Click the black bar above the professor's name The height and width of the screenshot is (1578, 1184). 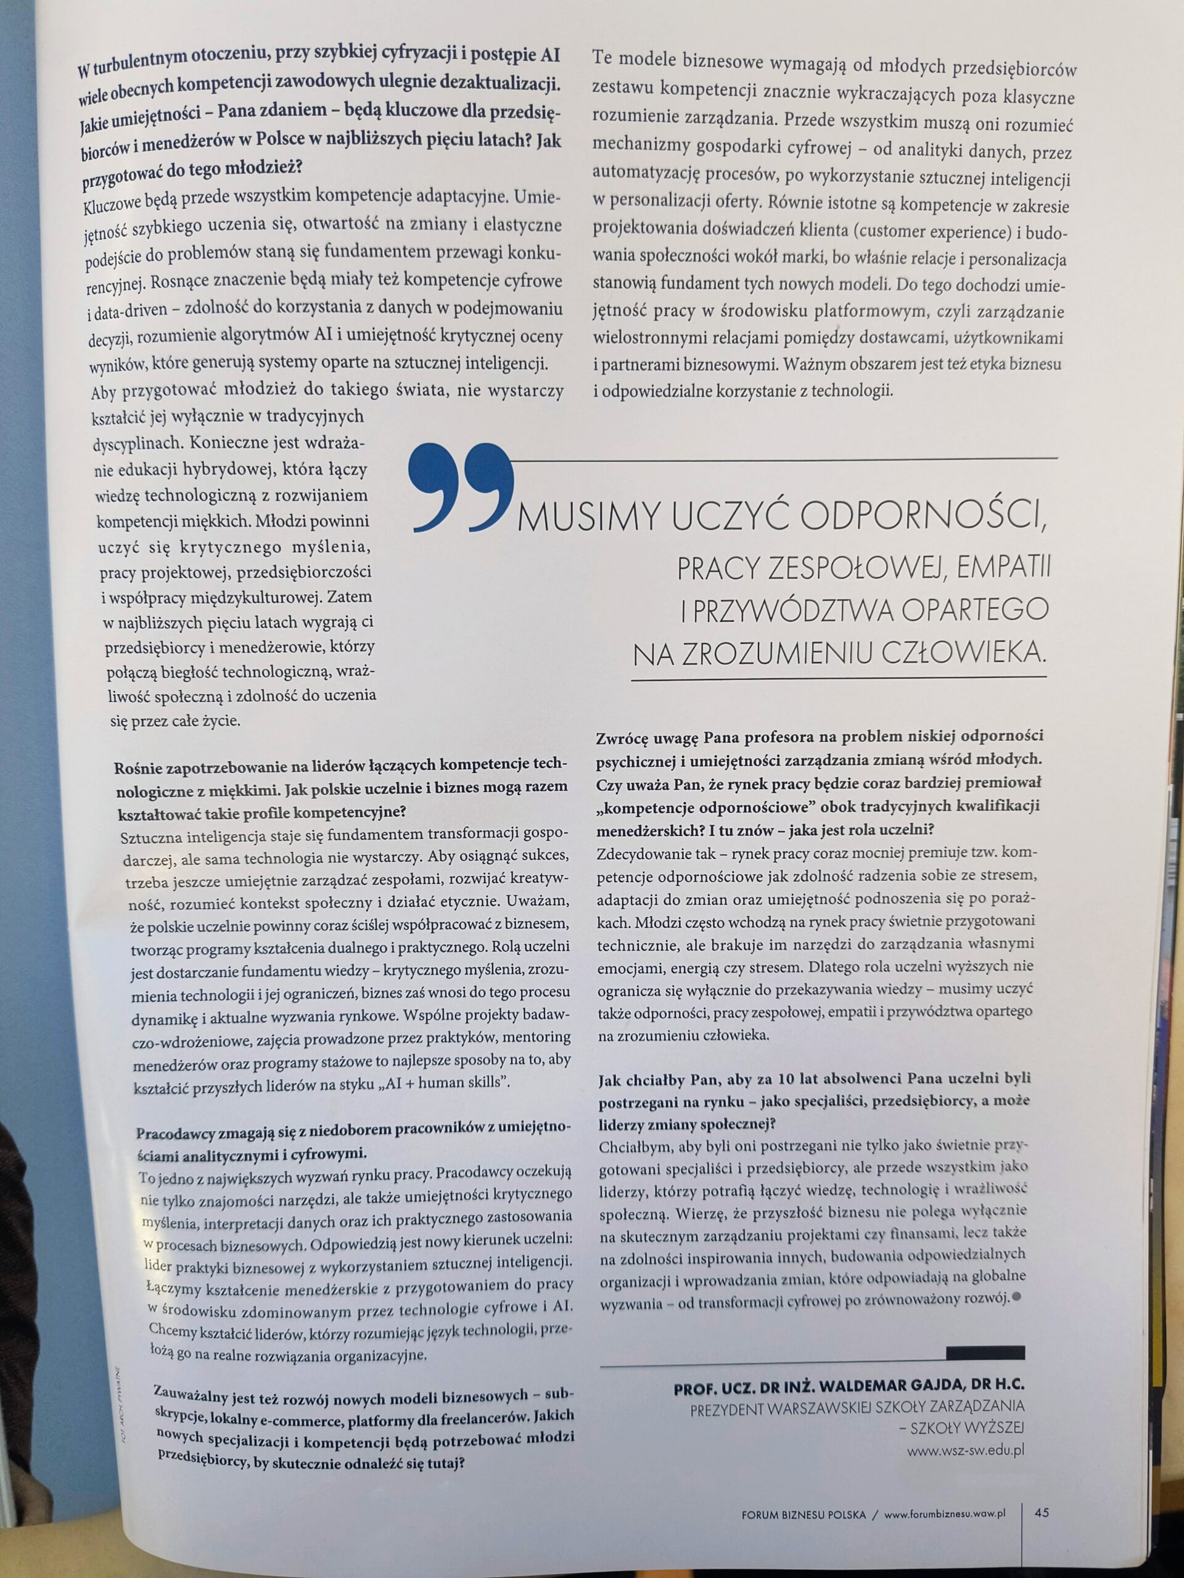[985, 1351]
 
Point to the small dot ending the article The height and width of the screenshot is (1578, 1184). [1016, 1278]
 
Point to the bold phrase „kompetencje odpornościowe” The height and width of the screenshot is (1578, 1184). [707, 806]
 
